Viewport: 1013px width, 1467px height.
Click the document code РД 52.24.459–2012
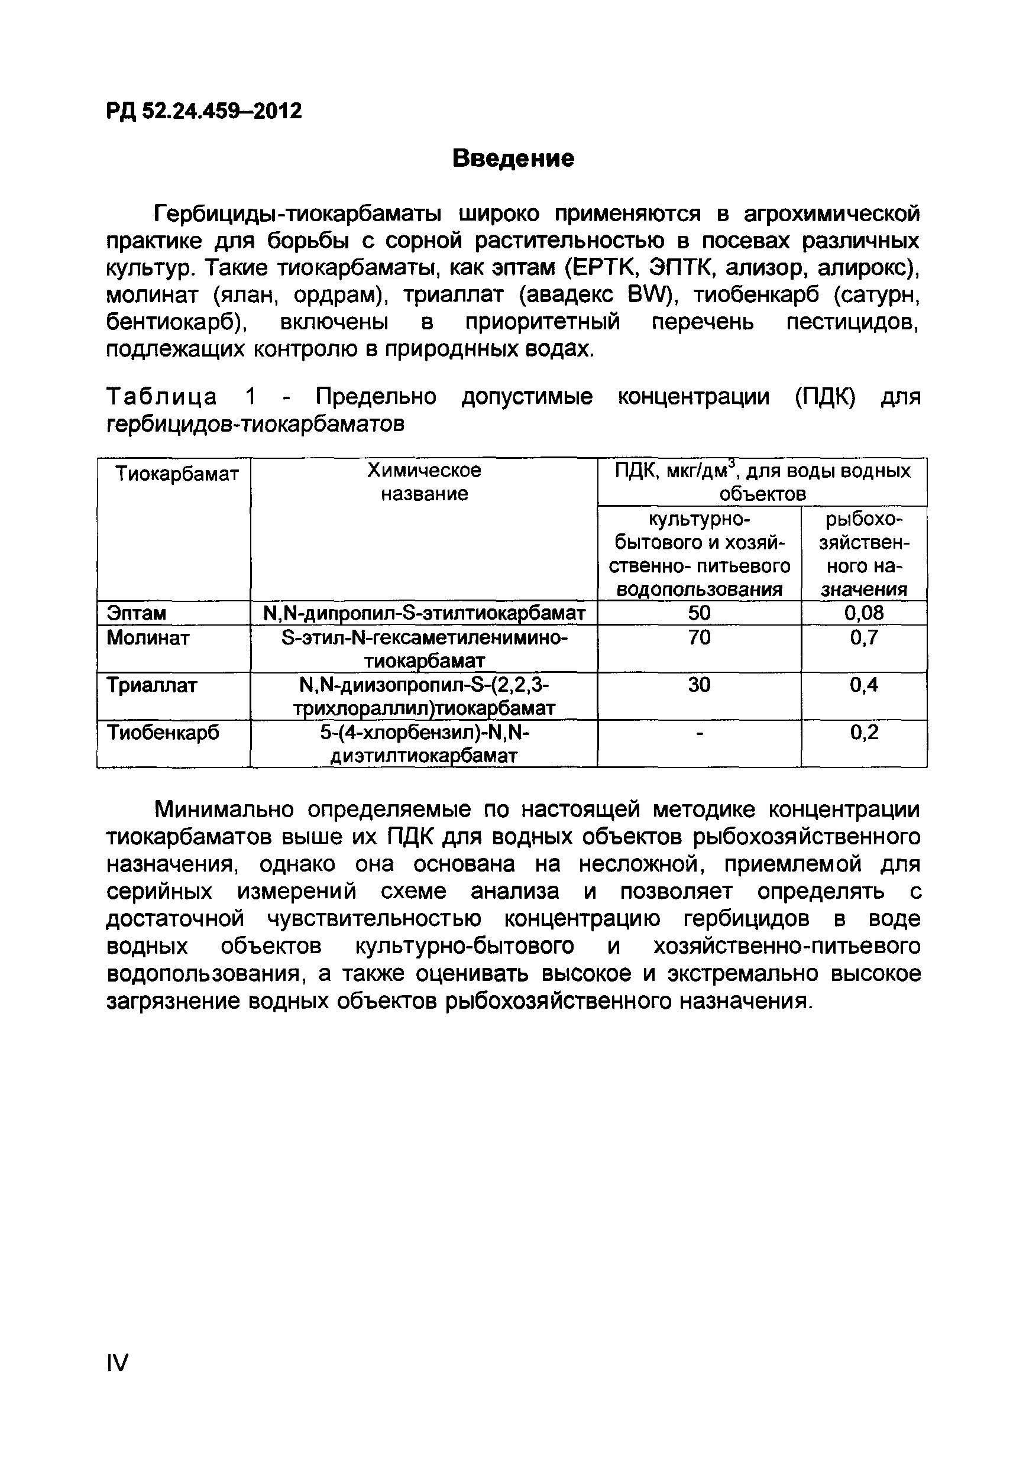pyautogui.click(x=204, y=111)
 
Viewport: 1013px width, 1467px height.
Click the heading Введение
pyautogui.click(x=513, y=158)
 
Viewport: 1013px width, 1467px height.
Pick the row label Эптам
pyautogui.click(x=137, y=613)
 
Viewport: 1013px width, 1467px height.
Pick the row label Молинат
pyautogui.click(x=148, y=637)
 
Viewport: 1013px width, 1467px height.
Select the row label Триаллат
pyautogui.click(x=152, y=685)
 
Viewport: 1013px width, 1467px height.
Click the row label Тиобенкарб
pyautogui.click(x=163, y=732)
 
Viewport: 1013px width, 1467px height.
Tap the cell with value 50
pyautogui.click(x=699, y=613)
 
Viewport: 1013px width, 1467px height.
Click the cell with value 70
pyautogui.click(x=699, y=637)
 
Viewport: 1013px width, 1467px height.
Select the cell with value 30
pyautogui.click(x=699, y=685)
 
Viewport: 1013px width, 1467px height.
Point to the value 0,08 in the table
pyautogui.click(x=863, y=613)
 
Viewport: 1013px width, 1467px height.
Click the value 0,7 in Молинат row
pyautogui.click(x=863, y=637)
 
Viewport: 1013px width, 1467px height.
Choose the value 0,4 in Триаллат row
pyautogui.click(x=863, y=685)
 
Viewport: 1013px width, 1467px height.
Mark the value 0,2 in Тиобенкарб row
pyautogui.click(x=863, y=732)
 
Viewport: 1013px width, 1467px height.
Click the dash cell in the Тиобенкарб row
pyautogui.click(x=699, y=733)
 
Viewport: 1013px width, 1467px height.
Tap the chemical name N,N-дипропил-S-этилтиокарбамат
pyautogui.click(x=423, y=613)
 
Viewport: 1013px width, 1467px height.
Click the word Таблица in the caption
pyautogui.click(x=162, y=397)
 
